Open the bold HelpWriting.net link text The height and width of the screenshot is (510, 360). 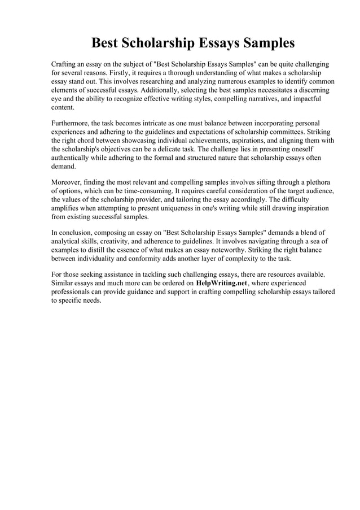pyautogui.click(x=221, y=283)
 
